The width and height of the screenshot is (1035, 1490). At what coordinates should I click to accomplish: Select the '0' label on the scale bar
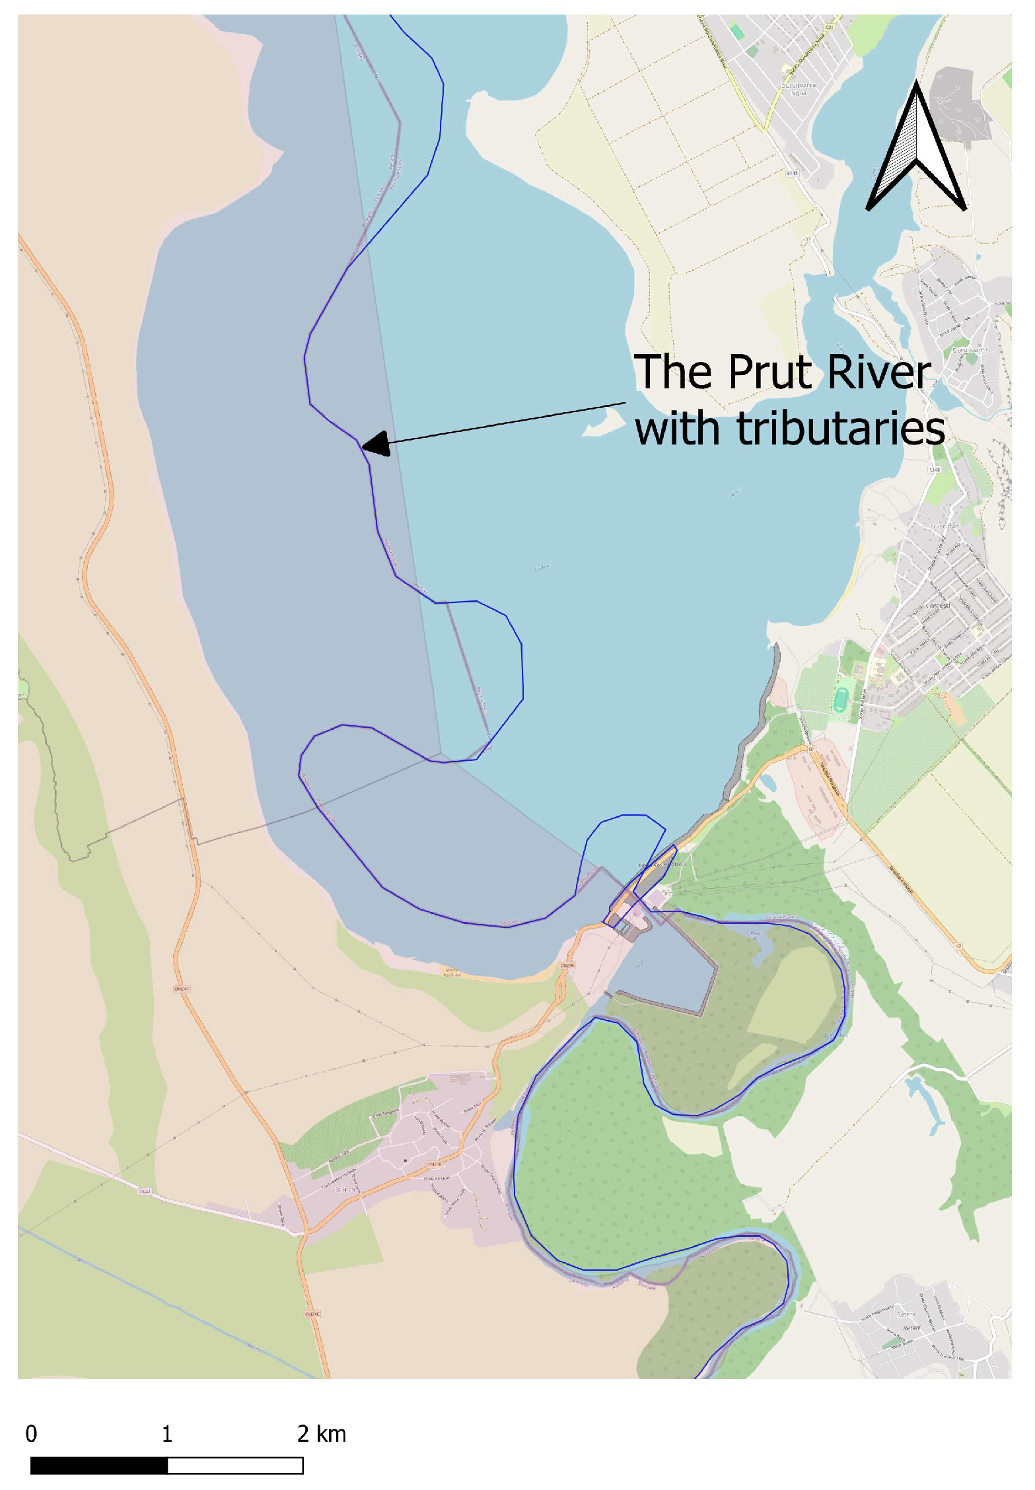click(x=31, y=1434)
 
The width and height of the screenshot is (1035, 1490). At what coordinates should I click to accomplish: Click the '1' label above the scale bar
click(x=167, y=1434)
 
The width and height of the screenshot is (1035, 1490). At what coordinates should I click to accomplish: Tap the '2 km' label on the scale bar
click(x=322, y=1434)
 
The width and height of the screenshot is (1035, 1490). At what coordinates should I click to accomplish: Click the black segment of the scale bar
click(x=99, y=1466)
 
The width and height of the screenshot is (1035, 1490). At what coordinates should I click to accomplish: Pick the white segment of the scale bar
click(x=235, y=1466)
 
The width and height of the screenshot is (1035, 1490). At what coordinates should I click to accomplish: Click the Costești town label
click(x=938, y=606)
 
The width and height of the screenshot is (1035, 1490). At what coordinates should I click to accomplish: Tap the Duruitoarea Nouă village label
click(x=799, y=89)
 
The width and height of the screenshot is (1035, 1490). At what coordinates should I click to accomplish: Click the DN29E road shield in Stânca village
click(x=433, y=1164)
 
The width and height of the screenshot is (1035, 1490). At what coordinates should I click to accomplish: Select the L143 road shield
click(x=793, y=173)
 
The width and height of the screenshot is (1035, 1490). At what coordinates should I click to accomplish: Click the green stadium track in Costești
click(x=839, y=699)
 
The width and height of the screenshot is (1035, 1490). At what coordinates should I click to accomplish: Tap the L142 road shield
click(x=934, y=470)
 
